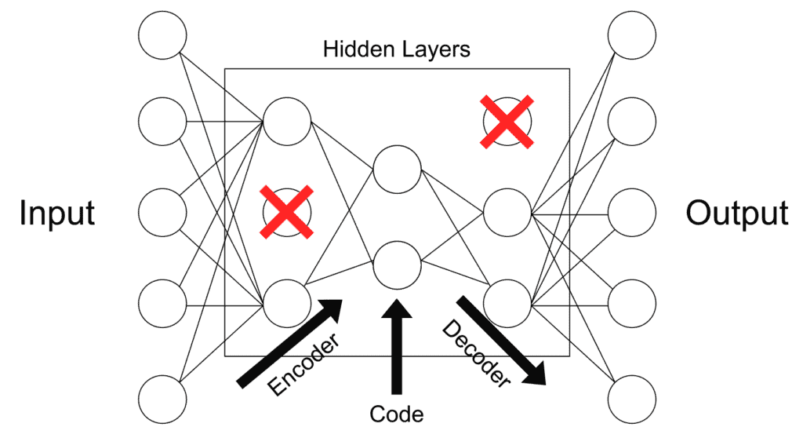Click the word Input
57,213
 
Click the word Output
737,213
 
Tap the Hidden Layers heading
397,49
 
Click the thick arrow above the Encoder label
291,342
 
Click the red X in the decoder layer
508,122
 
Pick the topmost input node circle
162,34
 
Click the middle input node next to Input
162,213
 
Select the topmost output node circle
632,34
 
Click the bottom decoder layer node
507,303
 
